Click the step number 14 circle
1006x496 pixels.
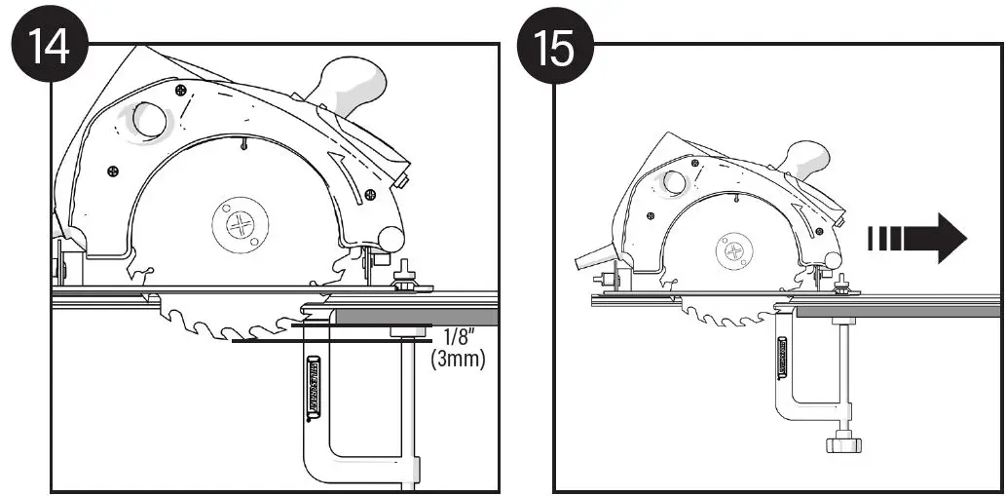(46, 46)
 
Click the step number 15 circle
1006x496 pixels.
(555, 46)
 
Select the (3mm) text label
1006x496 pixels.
(459, 359)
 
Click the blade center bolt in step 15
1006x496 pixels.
(733, 252)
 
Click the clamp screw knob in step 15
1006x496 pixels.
(842, 443)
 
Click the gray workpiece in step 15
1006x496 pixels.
(896, 310)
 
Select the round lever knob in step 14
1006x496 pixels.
(391, 238)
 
